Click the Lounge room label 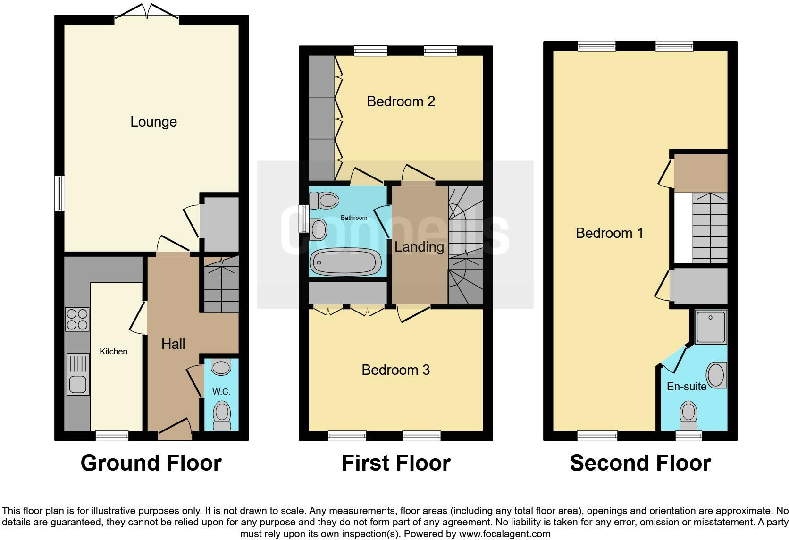(x=153, y=122)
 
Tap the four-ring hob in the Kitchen (x=77, y=319)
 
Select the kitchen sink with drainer (x=78, y=374)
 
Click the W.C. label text (x=221, y=392)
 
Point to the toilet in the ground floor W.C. (x=221, y=416)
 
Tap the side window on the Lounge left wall (x=59, y=194)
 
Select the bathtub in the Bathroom (x=347, y=262)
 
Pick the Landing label (x=419, y=247)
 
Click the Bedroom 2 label (x=401, y=101)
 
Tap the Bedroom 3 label (x=395, y=370)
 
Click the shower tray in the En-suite (x=711, y=327)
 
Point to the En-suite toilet (x=688, y=415)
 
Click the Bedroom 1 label (x=609, y=233)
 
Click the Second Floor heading (x=640, y=464)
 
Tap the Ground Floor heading (x=151, y=464)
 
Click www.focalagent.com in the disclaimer (x=504, y=534)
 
